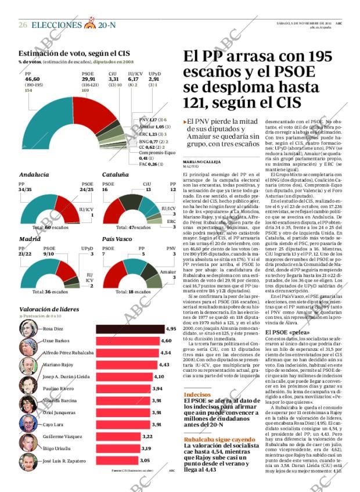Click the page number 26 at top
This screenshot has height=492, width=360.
(23, 25)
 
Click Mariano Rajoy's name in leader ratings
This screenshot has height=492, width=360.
(57, 364)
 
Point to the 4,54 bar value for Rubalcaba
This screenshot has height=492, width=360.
(165, 353)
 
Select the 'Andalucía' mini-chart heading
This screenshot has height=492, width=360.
(34, 174)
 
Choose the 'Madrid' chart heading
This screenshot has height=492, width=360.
(30, 239)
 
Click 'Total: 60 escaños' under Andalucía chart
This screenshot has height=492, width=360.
(51, 228)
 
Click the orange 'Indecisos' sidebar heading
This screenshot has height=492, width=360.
(197, 394)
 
